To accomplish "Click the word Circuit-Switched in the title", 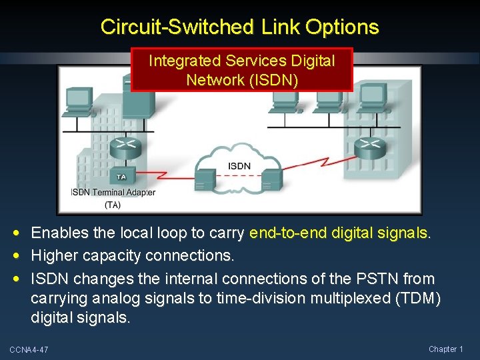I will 176,27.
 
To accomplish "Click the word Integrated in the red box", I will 183,61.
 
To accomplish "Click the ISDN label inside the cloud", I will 239,165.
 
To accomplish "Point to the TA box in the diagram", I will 121,177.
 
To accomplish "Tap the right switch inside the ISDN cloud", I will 271,178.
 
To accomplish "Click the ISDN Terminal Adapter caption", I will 113,193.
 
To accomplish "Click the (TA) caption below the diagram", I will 113,205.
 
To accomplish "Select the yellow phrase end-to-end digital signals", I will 340,233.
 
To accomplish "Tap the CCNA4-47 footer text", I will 29,350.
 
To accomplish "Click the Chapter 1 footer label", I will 445,349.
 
